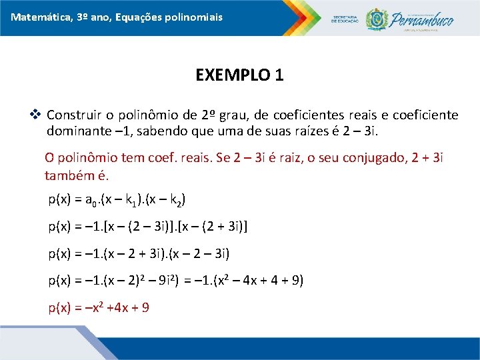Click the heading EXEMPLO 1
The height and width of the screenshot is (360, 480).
click(x=239, y=75)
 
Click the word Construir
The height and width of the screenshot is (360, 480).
click(x=73, y=115)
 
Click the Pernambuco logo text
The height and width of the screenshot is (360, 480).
click(x=423, y=18)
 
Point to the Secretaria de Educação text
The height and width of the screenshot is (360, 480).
click(x=345, y=19)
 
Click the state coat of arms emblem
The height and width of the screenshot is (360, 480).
click(x=376, y=19)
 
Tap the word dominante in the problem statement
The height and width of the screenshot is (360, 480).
click(x=75, y=131)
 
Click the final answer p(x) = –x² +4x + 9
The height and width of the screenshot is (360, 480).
click(x=98, y=307)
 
